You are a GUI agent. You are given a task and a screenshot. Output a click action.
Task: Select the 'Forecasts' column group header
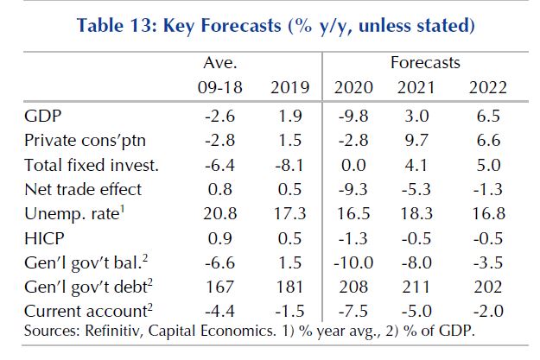click(426, 63)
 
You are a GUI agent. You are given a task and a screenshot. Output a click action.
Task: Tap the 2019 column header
click(289, 88)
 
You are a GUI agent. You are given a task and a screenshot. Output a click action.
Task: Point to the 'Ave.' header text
click(220, 63)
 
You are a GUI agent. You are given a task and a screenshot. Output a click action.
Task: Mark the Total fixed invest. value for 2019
click(289, 164)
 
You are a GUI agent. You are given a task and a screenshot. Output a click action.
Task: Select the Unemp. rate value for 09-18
click(220, 212)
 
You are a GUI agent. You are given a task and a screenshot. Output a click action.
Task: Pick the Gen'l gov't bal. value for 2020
click(353, 260)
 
